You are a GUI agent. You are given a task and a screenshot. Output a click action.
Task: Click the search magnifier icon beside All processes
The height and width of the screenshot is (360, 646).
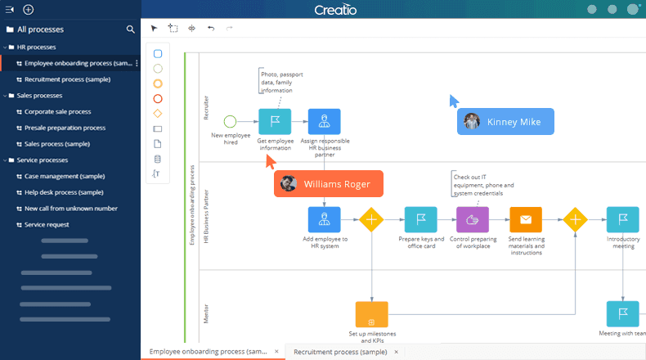(x=131, y=29)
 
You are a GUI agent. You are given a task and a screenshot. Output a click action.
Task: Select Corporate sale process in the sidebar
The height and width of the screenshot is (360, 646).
(x=57, y=111)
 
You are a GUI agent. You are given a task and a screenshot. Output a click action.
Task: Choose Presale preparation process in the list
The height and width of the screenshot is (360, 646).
(x=65, y=128)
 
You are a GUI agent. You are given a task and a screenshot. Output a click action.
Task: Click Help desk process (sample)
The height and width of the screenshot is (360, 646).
(x=64, y=192)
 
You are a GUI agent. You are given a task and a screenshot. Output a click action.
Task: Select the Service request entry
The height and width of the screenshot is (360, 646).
(x=47, y=224)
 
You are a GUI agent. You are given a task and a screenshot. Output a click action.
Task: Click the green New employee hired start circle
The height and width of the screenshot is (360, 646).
(x=230, y=122)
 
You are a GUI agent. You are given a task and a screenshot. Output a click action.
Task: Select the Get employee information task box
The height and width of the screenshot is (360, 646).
(x=275, y=122)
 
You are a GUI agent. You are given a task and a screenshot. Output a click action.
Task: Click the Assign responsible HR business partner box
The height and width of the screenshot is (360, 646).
(x=325, y=122)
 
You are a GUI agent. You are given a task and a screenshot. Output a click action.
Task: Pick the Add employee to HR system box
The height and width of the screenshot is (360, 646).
(x=325, y=219)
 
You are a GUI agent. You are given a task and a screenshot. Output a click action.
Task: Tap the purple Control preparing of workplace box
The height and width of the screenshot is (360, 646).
(x=473, y=219)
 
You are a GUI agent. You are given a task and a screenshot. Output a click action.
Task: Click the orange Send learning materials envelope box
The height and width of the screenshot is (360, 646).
(x=526, y=219)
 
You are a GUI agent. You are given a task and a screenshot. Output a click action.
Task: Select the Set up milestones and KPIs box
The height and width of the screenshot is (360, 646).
(x=372, y=315)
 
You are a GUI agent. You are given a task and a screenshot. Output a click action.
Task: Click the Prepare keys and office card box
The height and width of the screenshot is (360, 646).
(x=420, y=219)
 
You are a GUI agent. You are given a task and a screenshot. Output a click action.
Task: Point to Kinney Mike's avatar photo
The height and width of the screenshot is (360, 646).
(x=472, y=122)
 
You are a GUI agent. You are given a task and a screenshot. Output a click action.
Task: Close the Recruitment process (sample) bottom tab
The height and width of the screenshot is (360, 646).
(x=397, y=352)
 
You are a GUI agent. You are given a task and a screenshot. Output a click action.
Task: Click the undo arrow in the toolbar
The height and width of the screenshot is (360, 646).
(x=211, y=28)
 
